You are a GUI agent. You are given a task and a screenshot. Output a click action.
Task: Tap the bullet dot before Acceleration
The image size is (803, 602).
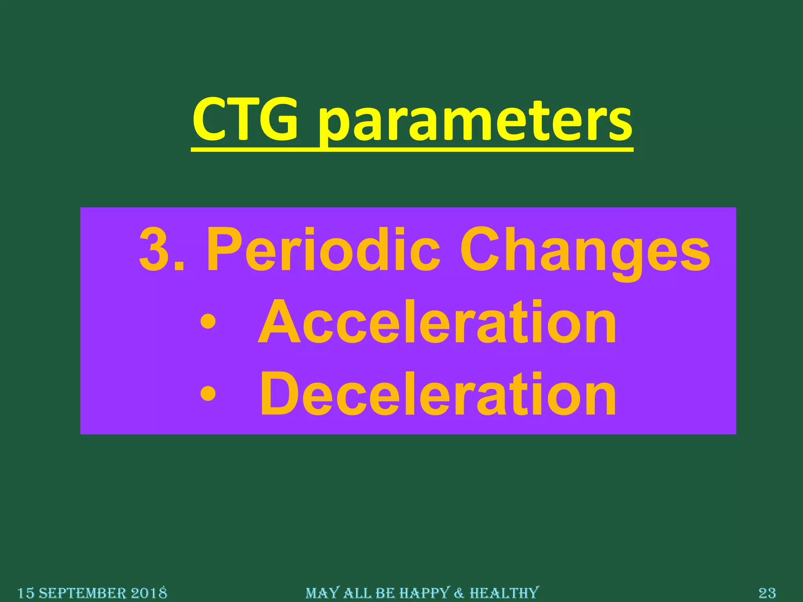[207, 322]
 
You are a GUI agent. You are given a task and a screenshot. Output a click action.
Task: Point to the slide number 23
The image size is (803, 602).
[767, 593]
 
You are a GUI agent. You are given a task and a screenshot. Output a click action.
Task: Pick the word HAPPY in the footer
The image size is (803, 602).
[423, 593]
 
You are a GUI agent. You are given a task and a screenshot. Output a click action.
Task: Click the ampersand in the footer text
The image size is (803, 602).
[459, 593]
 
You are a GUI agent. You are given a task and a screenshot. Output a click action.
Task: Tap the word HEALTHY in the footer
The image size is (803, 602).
[504, 593]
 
